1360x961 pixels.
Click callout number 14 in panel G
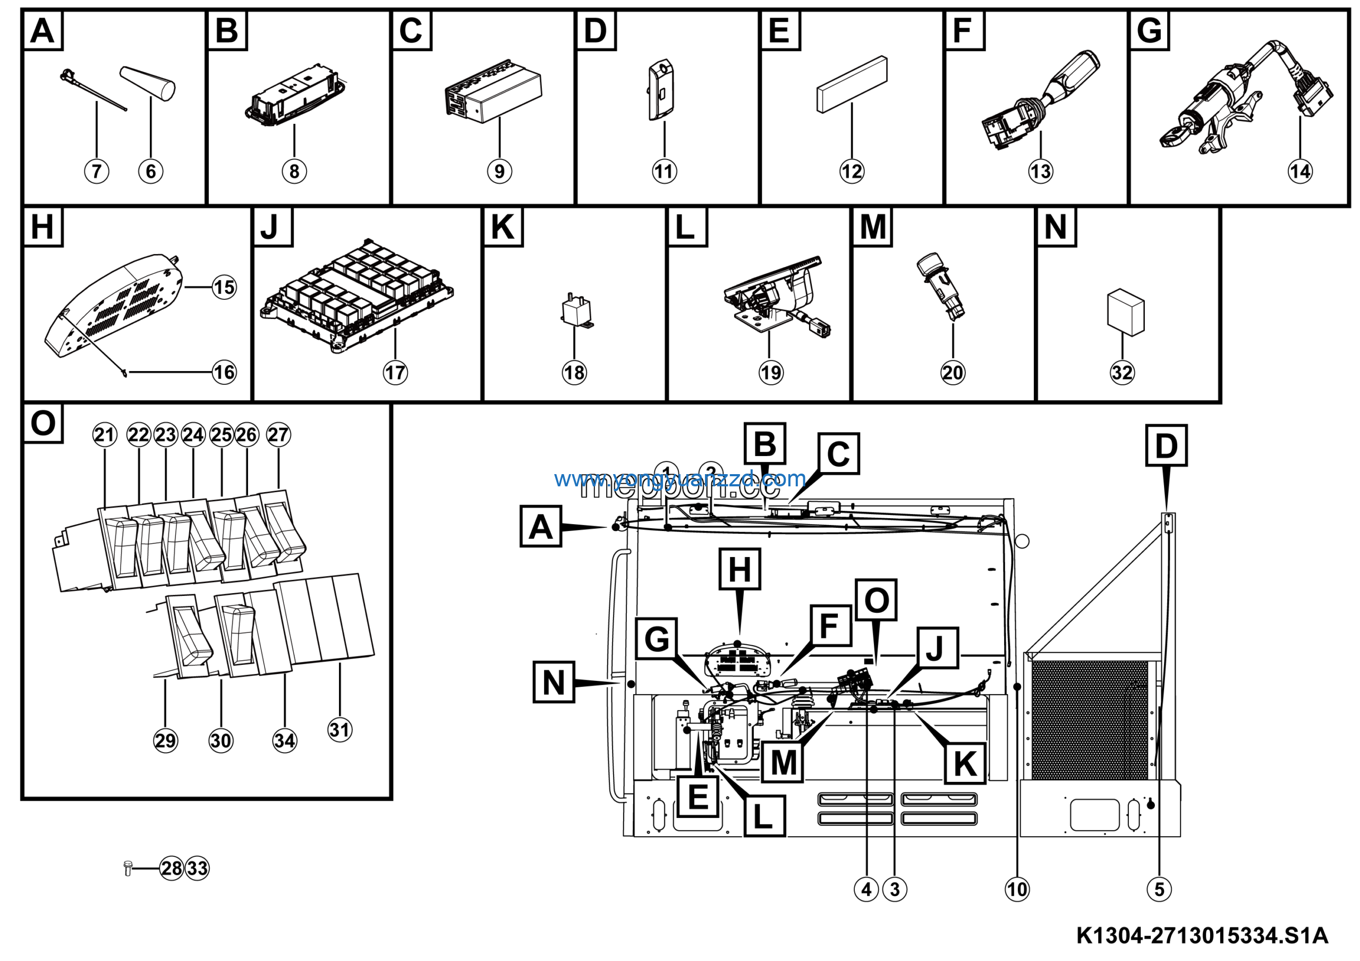click(1299, 171)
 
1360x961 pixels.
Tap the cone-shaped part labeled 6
click(149, 83)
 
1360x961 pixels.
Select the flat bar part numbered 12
click(852, 84)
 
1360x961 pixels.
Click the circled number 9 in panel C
click(499, 171)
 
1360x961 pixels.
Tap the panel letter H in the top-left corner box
click(42, 227)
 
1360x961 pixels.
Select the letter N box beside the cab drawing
click(553, 682)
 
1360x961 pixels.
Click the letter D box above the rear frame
click(1166, 445)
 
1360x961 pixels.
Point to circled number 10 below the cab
click(1017, 889)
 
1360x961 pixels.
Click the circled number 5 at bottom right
click(1159, 889)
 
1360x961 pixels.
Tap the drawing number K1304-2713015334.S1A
click(1202, 936)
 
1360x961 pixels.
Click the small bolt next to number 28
click(127, 868)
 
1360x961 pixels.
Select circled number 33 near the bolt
click(197, 869)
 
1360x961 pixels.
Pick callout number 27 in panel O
click(278, 434)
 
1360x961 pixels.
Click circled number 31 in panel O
click(339, 729)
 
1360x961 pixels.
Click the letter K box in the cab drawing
click(965, 764)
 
